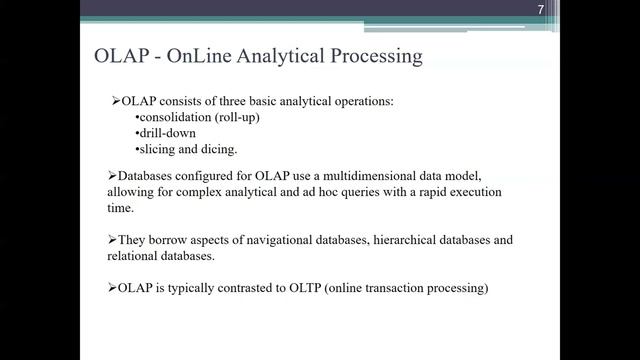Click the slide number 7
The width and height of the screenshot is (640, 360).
pyautogui.click(x=539, y=9)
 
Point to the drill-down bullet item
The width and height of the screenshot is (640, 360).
pyautogui.click(x=163, y=133)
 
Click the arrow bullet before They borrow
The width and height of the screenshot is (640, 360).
pyautogui.click(x=112, y=240)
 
